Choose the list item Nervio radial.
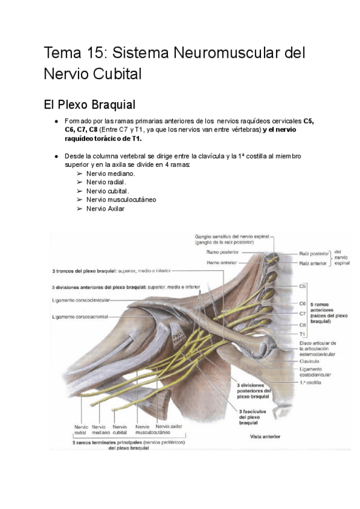coord(106,182)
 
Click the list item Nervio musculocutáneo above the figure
coord(122,199)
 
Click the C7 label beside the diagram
coord(302,313)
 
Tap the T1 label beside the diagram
coord(302,333)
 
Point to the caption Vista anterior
coord(265,437)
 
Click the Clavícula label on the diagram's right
coord(311,362)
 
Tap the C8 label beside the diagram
coord(302,325)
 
